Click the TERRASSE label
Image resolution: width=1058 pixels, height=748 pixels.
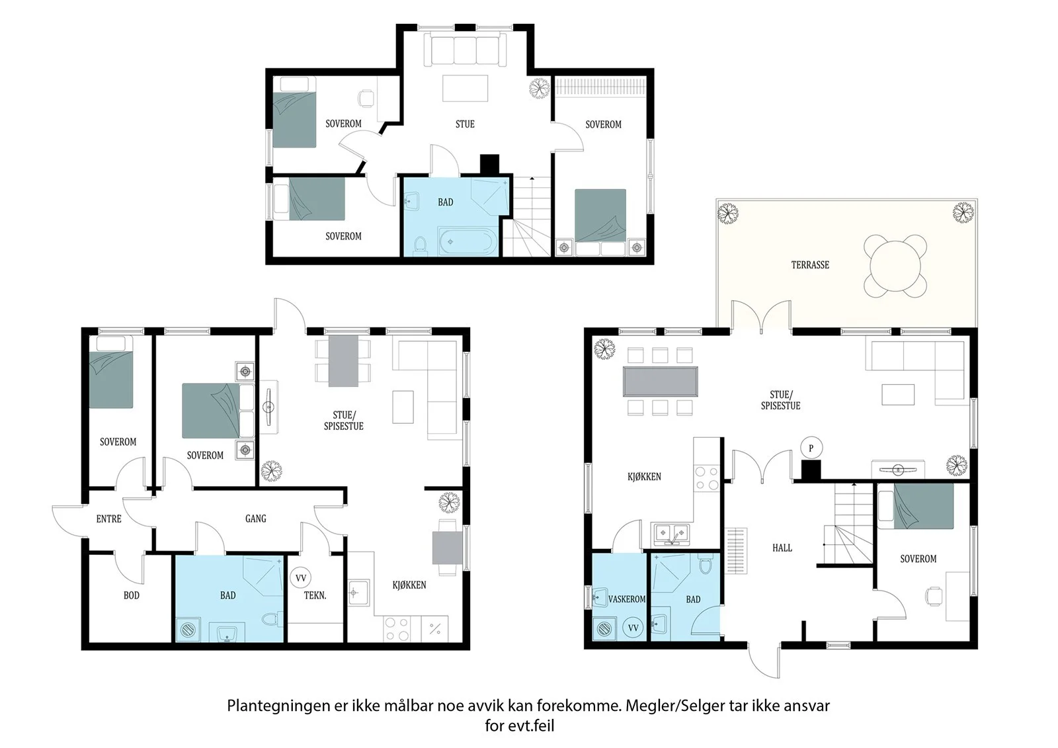[x=810, y=265]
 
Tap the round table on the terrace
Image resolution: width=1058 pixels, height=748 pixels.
[x=895, y=266]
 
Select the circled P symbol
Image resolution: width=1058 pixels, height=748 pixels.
[x=811, y=448]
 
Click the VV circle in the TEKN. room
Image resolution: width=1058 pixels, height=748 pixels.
[x=301, y=578]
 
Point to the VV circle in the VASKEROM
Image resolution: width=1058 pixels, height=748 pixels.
[x=633, y=628]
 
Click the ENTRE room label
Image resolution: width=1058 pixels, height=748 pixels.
[x=108, y=519]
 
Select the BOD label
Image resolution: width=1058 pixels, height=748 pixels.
[x=132, y=595]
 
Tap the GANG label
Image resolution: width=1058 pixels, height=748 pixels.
[x=255, y=519]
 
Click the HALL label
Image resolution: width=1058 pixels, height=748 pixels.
[x=782, y=548]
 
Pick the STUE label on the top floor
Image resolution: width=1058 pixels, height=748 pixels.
[x=465, y=124]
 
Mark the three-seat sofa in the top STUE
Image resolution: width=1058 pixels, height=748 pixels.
[x=466, y=49]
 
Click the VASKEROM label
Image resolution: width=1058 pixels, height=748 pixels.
[x=627, y=599]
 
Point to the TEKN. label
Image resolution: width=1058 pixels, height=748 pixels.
[x=315, y=595]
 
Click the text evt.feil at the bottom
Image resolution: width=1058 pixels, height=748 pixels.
[x=531, y=726]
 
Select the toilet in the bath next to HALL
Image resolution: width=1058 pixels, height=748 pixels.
[x=705, y=564]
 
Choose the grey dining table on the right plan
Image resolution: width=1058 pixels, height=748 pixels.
[x=661, y=382]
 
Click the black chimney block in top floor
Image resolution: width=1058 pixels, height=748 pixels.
[x=489, y=165]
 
